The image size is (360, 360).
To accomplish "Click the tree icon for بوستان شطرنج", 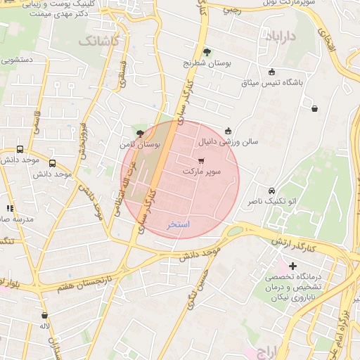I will tap(207, 51).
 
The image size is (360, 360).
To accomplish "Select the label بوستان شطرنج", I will tap(207, 63).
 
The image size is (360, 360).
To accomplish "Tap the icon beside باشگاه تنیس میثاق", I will tap(272, 71).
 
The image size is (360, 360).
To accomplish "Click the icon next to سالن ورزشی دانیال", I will tap(228, 130).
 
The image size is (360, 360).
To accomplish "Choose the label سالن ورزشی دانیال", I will tap(228, 141).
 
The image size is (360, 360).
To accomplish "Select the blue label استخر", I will tap(179, 225).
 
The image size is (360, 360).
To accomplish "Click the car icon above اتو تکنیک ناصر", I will tap(272, 191).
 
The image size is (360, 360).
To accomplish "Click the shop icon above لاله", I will tap(45, 316).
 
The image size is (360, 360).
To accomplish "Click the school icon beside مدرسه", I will tap(10, 208).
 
